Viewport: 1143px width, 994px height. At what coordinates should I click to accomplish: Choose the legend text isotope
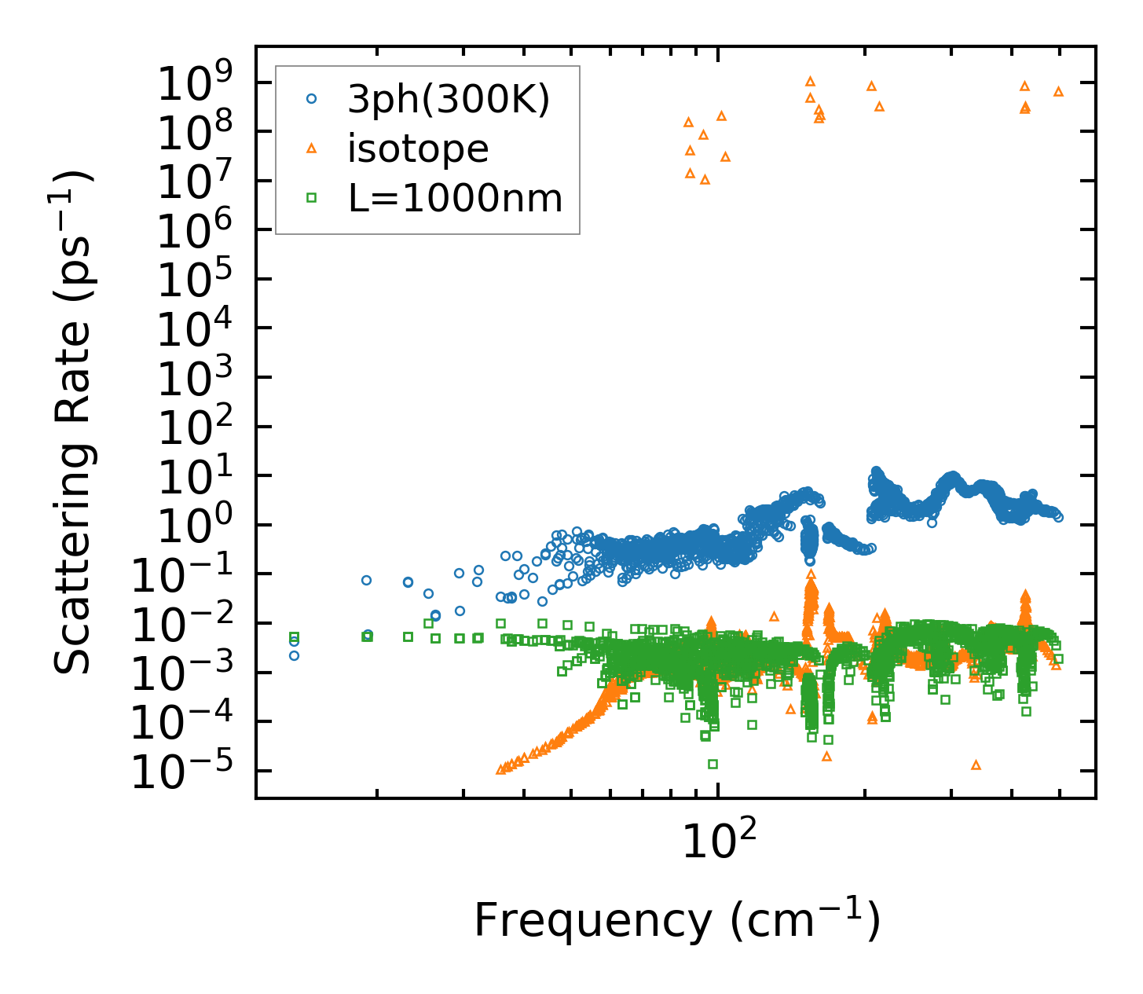(x=418, y=149)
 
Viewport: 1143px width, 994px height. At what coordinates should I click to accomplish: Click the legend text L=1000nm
(x=456, y=198)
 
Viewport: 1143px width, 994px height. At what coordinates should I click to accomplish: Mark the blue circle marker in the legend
(x=312, y=99)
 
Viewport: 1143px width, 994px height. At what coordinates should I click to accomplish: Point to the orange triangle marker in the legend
(x=312, y=148)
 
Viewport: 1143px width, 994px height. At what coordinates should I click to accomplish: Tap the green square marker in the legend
(x=312, y=198)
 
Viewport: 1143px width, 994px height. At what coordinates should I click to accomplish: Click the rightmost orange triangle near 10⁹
(x=1058, y=91)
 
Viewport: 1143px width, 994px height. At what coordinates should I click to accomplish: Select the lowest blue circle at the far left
(x=294, y=655)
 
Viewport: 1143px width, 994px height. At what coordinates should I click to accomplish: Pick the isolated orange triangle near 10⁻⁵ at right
(x=976, y=765)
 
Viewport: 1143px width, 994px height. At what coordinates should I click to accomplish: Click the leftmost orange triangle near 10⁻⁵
(x=500, y=769)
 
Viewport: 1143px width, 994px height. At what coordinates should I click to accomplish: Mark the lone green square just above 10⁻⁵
(x=713, y=764)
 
